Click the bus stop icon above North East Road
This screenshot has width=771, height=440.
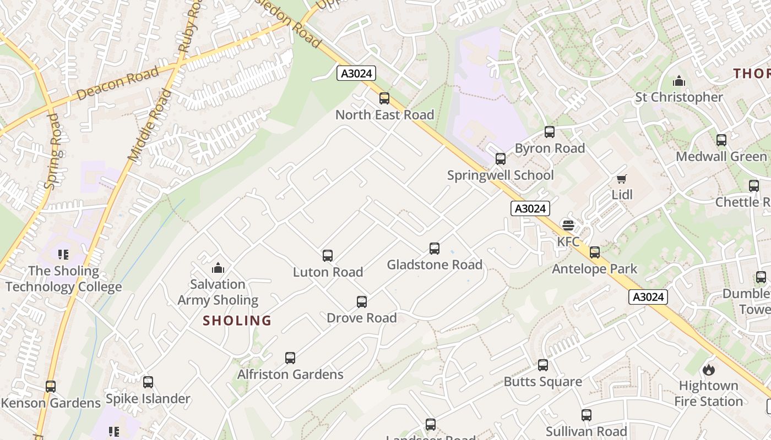[x=384, y=99]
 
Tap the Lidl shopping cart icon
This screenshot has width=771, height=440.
[x=622, y=179]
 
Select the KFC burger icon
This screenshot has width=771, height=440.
[x=568, y=226]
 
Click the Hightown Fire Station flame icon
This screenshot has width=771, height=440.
[x=708, y=370]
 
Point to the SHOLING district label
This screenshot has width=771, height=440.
[x=237, y=321]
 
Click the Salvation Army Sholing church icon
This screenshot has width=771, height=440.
[x=218, y=268]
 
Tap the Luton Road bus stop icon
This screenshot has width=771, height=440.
[x=328, y=256]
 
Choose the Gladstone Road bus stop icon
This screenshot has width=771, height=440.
[x=435, y=249]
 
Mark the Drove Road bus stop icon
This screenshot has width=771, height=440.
[x=362, y=302]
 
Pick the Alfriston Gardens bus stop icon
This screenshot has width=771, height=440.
[x=290, y=358]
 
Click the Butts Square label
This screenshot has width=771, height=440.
[x=542, y=382]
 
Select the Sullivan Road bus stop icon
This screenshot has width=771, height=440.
[x=587, y=415]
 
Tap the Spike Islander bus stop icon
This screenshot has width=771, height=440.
[x=148, y=382]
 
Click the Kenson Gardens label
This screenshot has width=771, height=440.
[x=51, y=403]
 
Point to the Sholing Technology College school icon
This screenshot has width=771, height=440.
[x=63, y=255]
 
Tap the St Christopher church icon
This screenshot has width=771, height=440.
[x=679, y=81]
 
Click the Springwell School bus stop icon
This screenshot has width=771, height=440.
[x=500, y=159]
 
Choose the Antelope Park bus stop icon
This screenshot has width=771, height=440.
[x=595, y=252]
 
